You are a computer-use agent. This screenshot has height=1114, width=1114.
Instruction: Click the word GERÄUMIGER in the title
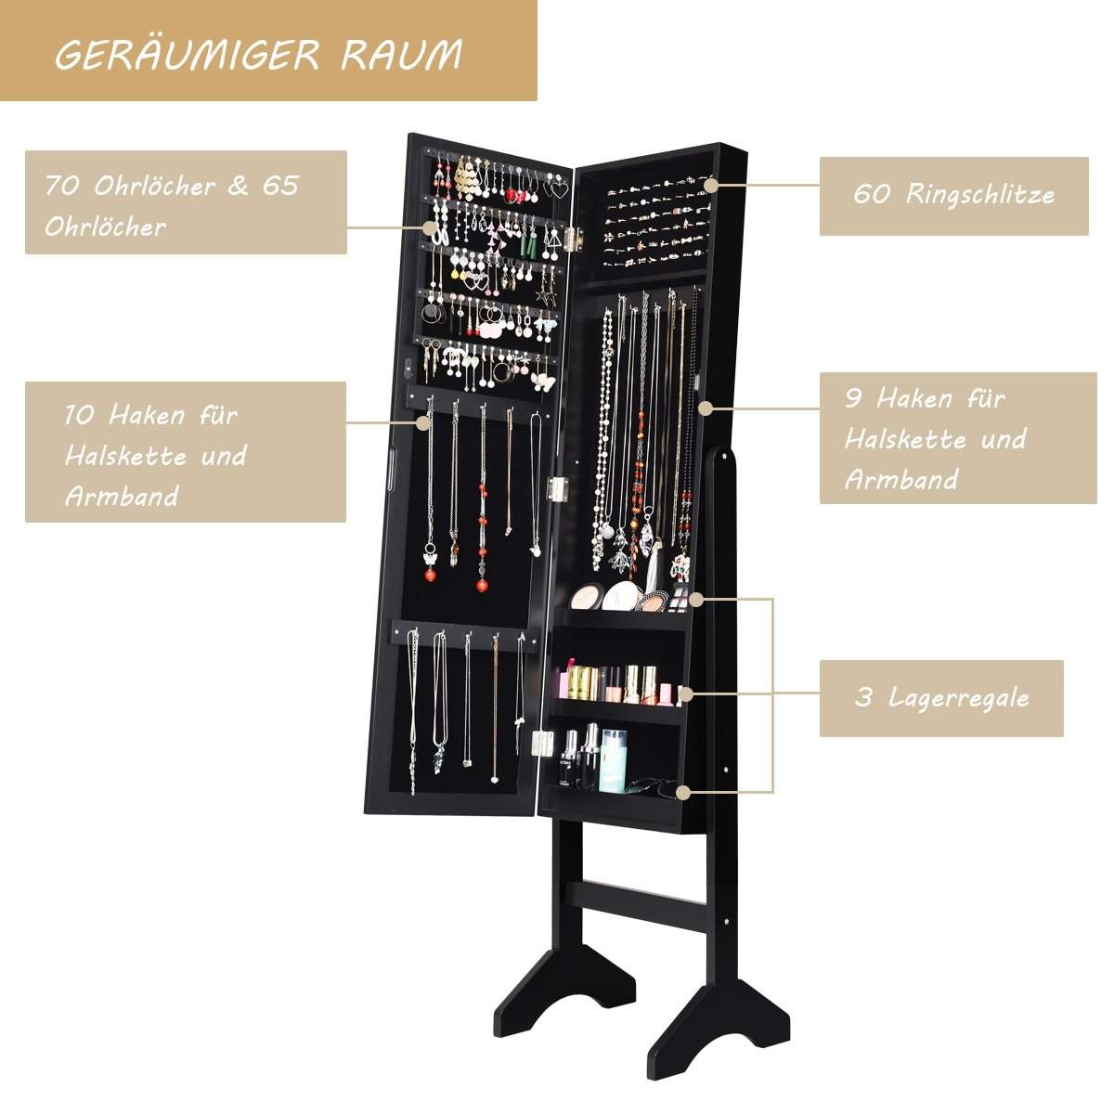188,55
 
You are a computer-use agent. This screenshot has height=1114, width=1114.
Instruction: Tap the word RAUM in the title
402,55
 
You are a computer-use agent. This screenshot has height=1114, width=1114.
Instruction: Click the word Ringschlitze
980,194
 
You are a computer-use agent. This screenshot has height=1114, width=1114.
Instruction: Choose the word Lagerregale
960,698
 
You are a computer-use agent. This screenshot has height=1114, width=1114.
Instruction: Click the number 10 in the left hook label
79,414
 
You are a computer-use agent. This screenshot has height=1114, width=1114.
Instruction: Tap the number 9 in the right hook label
854,399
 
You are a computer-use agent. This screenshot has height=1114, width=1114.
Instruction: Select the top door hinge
576,239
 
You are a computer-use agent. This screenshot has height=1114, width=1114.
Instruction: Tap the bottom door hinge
541,742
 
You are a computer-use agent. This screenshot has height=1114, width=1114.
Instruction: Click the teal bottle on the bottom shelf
613,759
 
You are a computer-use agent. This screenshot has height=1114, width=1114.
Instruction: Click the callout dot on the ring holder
712,185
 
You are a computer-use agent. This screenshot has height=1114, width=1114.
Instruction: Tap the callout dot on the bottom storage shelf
683,792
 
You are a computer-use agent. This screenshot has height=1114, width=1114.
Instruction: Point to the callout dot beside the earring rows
430,227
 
